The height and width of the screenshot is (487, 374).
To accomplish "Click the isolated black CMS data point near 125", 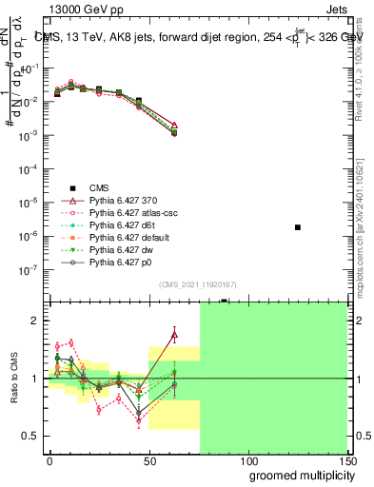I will coord(298,227).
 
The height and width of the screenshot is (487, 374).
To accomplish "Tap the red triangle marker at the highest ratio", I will coord(174,334).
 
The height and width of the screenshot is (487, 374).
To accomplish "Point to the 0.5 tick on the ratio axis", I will coord(33,436).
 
